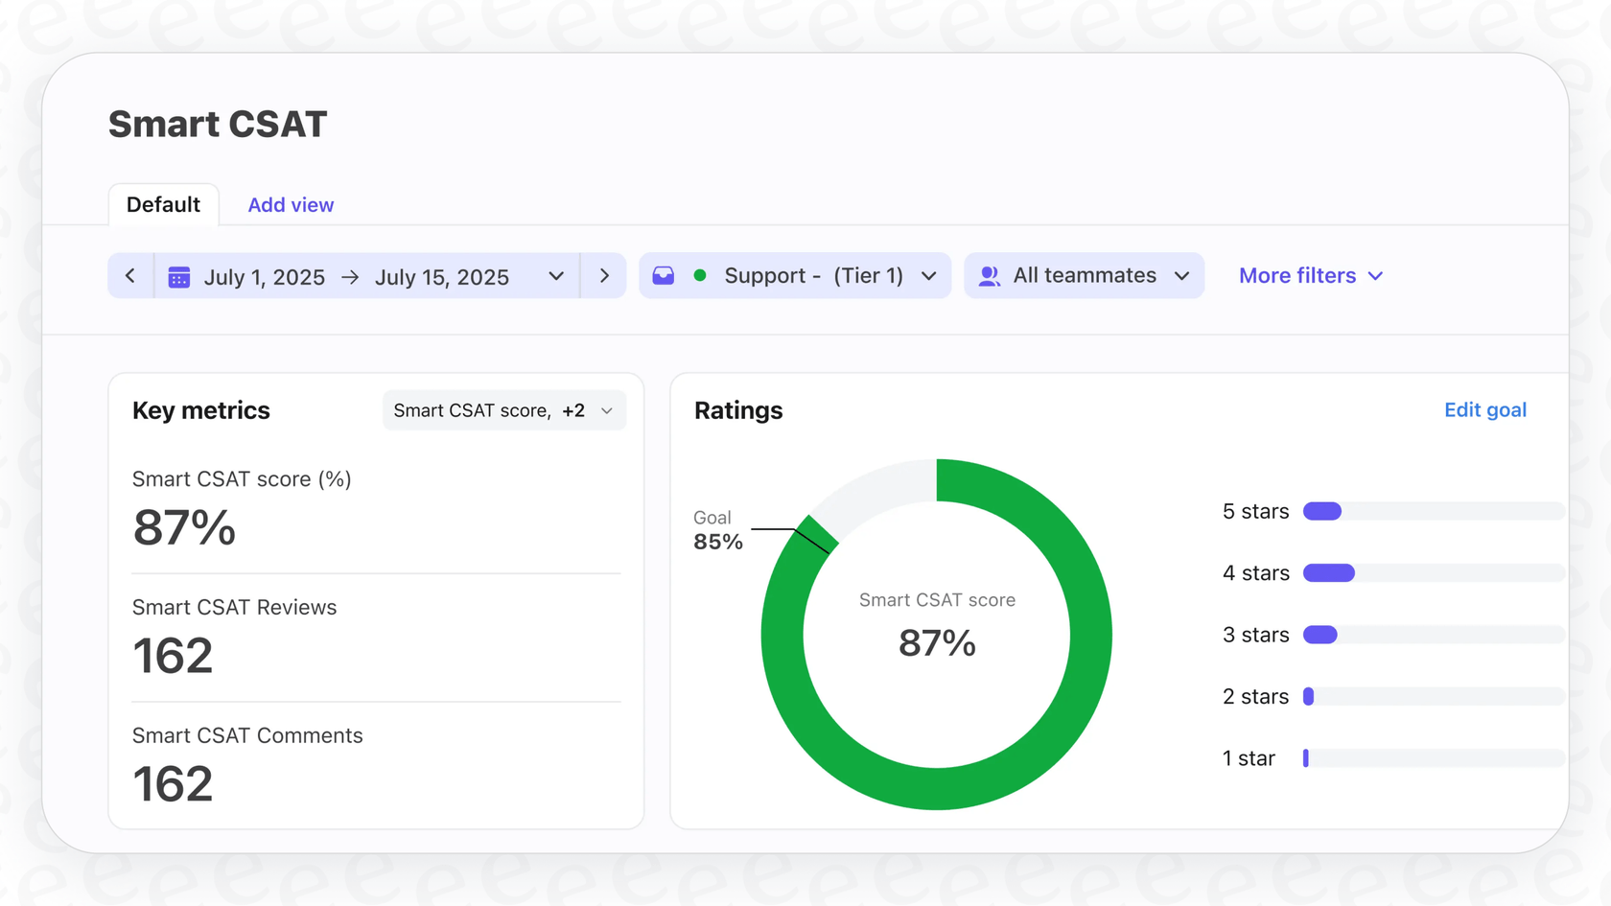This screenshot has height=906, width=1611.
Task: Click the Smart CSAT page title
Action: (218, 125)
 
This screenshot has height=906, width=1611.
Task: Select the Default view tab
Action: (163, 205)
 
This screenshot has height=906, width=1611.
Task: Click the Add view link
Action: (291, 205)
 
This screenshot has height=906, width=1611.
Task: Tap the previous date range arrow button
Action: (130, 276)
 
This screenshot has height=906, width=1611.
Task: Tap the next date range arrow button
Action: (604, 276)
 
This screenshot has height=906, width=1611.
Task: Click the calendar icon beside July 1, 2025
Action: (179, 277)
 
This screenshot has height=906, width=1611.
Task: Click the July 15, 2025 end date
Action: (441, 277)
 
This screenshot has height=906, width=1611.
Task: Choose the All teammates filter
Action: (1084, 276)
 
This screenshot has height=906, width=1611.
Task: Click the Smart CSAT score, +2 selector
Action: (503, 410)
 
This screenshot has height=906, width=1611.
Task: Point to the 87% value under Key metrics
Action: (184, 528)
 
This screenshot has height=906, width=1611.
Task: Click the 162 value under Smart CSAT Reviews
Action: (173, 657)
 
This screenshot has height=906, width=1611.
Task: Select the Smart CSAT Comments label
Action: (247, 735)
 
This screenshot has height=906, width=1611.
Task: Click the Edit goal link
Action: (1484, 410)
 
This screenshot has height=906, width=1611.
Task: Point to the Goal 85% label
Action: (717, 531)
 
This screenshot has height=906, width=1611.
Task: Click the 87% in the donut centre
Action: (937, 643)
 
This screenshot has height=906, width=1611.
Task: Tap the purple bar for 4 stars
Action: (1329, 573)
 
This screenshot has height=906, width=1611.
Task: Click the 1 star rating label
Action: (1249, 758)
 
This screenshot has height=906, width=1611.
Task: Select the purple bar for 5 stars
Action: (1322, 512)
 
